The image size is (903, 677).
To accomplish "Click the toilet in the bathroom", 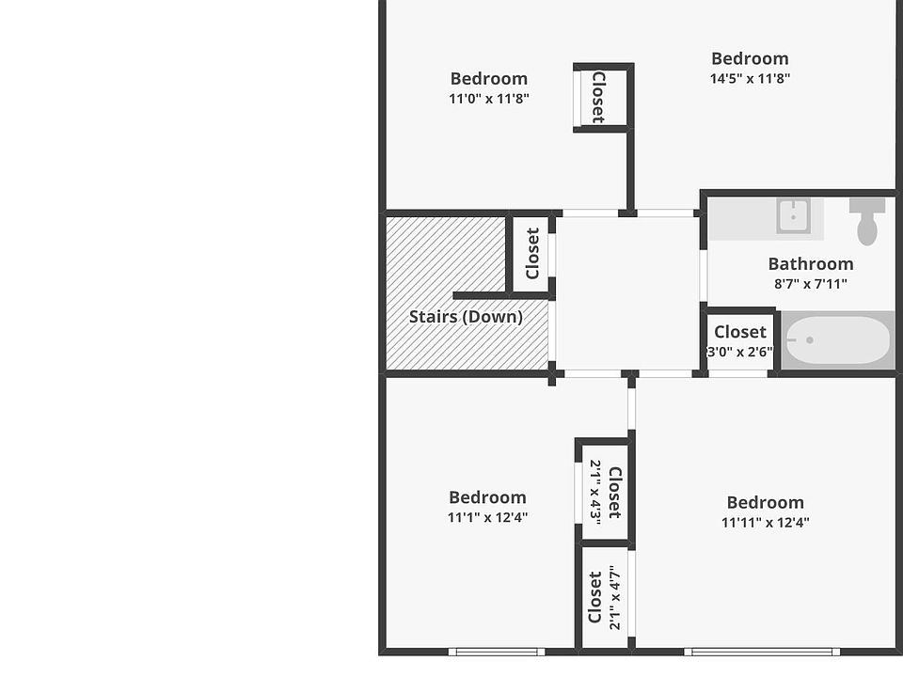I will [x=866, y=221].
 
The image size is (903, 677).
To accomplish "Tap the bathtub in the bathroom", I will [x=836, y=341].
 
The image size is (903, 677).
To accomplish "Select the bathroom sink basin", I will [x=793, y=216].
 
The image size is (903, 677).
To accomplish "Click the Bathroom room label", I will [x=810, y=264].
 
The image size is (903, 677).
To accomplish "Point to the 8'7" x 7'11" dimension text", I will [x=810, y=283].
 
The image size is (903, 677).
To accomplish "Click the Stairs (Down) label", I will [x=466, y=317].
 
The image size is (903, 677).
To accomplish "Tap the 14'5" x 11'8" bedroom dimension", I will [x=750, y=78].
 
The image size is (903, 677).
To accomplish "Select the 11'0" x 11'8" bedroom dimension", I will [x=488, y=98].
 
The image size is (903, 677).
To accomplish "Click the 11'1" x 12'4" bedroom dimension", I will [x=487, y=516].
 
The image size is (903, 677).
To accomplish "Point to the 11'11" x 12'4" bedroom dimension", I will [x=765, y=522].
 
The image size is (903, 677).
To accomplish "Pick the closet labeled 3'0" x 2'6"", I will [x=739, y=341].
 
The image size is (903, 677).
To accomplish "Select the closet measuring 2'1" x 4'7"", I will [x=605, y=598].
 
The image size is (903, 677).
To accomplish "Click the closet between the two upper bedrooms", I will [x=598, y=97].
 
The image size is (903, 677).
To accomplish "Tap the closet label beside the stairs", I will [x=532, y=253].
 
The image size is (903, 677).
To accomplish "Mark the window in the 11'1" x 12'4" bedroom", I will [x=495, y=651].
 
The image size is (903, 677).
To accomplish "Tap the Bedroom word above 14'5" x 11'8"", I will [x=750, y=59].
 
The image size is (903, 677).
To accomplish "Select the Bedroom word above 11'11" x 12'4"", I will [x=765, y=502].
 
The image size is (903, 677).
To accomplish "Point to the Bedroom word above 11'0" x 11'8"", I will [x=488, y=79].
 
